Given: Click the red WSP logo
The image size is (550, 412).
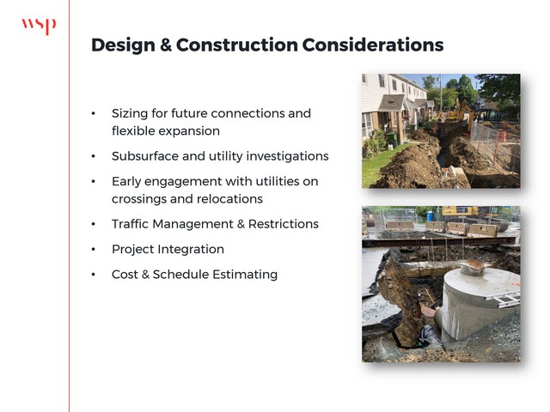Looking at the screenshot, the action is [x=39, y=27].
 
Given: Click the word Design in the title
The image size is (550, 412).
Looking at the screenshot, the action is [x=123, y=45].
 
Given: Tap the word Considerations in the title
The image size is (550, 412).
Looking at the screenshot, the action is [x=373, y=45].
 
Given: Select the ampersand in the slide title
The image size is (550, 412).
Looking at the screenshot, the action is [x=166, y=45].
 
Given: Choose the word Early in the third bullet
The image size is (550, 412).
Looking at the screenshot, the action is [x=126, y=182].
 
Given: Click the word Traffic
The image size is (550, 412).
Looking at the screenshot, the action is [x=130, y=224].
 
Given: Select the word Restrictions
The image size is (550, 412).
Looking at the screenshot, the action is [x=284, y=224].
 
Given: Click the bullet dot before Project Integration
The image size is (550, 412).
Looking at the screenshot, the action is [x=94, y=250].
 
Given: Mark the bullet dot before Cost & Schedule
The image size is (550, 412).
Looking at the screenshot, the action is [x=94, y=275].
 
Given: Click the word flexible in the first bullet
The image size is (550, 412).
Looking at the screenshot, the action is [x=132, y=131].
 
